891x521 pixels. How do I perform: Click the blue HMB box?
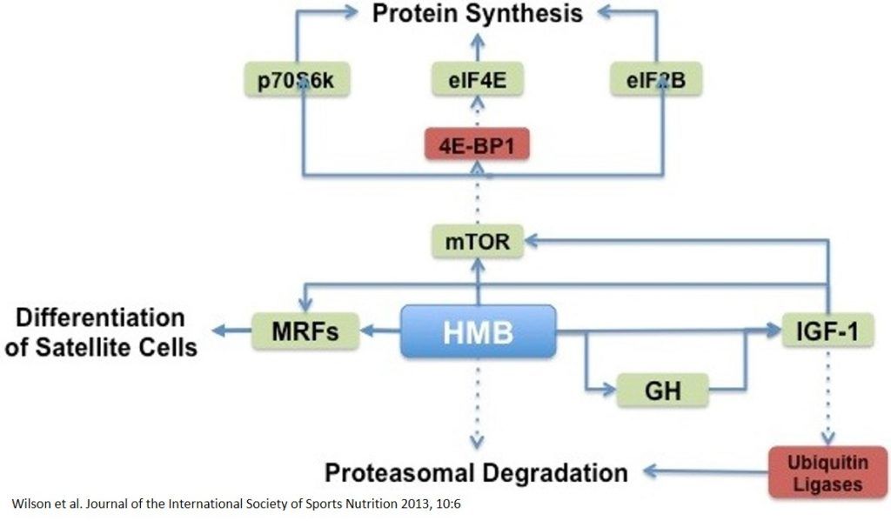(x=478, y=331)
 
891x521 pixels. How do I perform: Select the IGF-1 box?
(x=823, y=331)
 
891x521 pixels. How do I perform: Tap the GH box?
(x=662, y=391)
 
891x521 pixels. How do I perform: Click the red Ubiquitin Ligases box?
(x=827, y=472)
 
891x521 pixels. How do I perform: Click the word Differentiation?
(x=101, y=317)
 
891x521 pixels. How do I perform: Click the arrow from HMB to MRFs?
(x=380, y=331)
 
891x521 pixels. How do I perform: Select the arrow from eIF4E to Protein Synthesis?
(x=478, y=47)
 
